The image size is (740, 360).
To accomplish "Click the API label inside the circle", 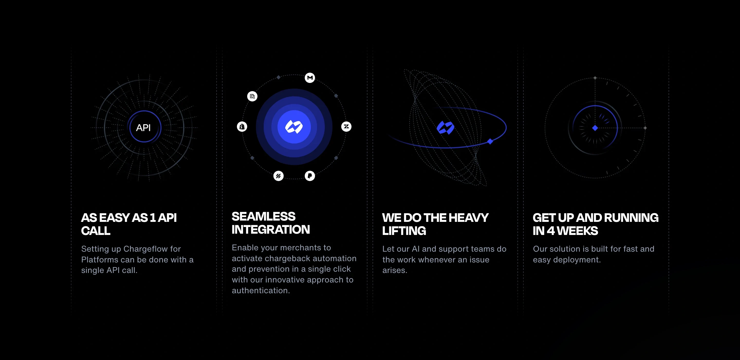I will [x=143, y=127].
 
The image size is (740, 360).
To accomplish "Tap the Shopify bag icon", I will [x=242, y=127].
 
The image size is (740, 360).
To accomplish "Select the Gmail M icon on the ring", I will [x=310, y=78].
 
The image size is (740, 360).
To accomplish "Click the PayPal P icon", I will [x=310, y=176].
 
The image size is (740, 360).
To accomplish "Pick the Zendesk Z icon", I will [x=346, y=127].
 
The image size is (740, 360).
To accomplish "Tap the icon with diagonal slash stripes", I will [x=278, y=176].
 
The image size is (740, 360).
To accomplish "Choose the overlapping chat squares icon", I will [x=252, y=96].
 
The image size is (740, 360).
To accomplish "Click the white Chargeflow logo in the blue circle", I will [x=294, y=127].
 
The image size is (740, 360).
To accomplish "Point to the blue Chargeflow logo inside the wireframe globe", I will [x=445, y=127].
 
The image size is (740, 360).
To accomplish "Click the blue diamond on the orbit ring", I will [x=490, y=141].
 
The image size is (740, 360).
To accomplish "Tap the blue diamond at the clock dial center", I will [x=595, y=128].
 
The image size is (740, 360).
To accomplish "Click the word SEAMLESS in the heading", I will [x=263, y=216].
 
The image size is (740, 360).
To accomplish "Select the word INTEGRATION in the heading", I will [x=271, y=230].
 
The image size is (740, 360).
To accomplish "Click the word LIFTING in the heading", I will [x=404, y=231].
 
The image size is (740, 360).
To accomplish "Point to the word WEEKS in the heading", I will [x=577, y=231].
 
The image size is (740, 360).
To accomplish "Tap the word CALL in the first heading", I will [x=96, y=231].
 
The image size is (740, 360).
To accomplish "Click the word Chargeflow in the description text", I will [x=152, y=249].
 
